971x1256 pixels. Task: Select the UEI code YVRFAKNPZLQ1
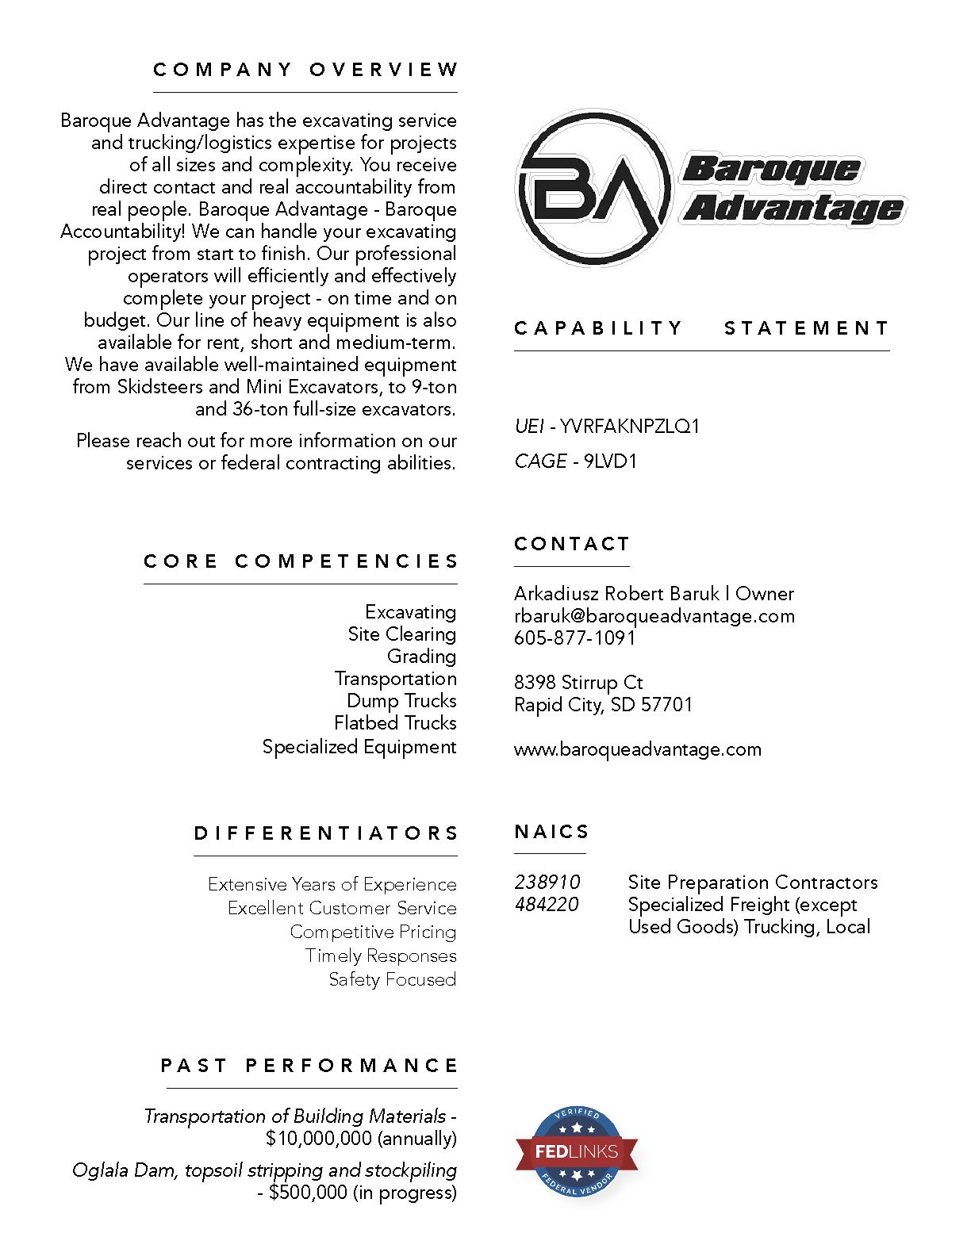click(x=630, y=427)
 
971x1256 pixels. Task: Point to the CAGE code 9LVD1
click(x=610, y=461)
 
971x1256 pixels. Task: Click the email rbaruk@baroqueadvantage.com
click(x=654, y=616)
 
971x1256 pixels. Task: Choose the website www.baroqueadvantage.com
click(x=637, y=749)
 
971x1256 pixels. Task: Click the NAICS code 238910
click(x=547, y=883)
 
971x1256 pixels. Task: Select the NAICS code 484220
click(x=547, y=905)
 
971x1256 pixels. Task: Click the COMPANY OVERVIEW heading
click(x=305, y=70)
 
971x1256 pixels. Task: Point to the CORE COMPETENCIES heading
click(x=301, y=561)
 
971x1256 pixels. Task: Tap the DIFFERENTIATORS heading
click(x=326, y=833)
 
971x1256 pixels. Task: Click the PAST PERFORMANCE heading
click(x=309, y=1065)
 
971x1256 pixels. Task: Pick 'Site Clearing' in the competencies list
click(x=401, y=634)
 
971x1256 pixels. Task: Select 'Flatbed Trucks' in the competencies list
click(x=395, y=723)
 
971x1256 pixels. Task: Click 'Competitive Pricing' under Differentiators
click(x=373, y=932)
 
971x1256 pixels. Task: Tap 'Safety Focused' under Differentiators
click(x=393, y=979)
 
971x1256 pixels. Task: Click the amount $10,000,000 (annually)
click(x=361, y=1139)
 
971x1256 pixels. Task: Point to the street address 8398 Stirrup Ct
click(x=578, y=683)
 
